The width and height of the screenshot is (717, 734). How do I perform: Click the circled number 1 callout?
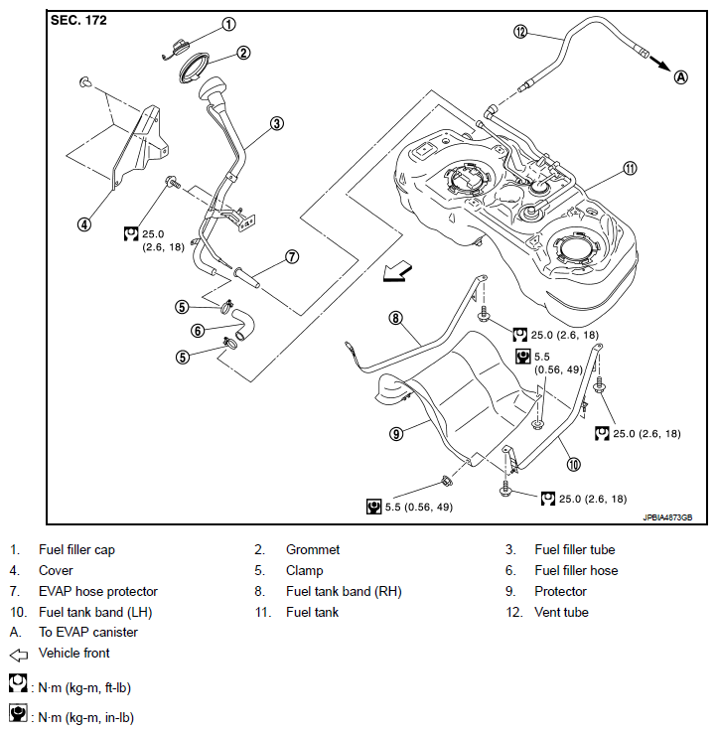(228, 24)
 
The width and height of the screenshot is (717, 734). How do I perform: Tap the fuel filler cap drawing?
(176, 49)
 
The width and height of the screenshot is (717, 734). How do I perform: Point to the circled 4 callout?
(84, 224)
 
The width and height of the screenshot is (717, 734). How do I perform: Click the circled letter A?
(681, 77)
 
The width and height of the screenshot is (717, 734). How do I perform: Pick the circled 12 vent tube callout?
(520, 32)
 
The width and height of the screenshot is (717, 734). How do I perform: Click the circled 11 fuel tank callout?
(630, 168)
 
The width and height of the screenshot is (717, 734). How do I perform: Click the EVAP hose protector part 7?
(247, 277)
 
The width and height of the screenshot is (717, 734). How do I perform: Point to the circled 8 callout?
(395, 318)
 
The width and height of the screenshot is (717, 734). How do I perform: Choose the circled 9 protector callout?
(396, 434)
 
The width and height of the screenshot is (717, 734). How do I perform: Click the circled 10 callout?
(573, 464)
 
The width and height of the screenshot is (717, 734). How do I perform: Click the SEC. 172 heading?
(78, 20)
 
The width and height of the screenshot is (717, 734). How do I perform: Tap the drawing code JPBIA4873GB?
(668, 517)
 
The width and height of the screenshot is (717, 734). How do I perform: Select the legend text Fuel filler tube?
(575, 549)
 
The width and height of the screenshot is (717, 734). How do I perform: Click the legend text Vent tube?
(561, 612)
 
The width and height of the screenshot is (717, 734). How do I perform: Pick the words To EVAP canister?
(88, 632)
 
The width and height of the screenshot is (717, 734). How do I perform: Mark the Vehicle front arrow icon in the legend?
(19, 655)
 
